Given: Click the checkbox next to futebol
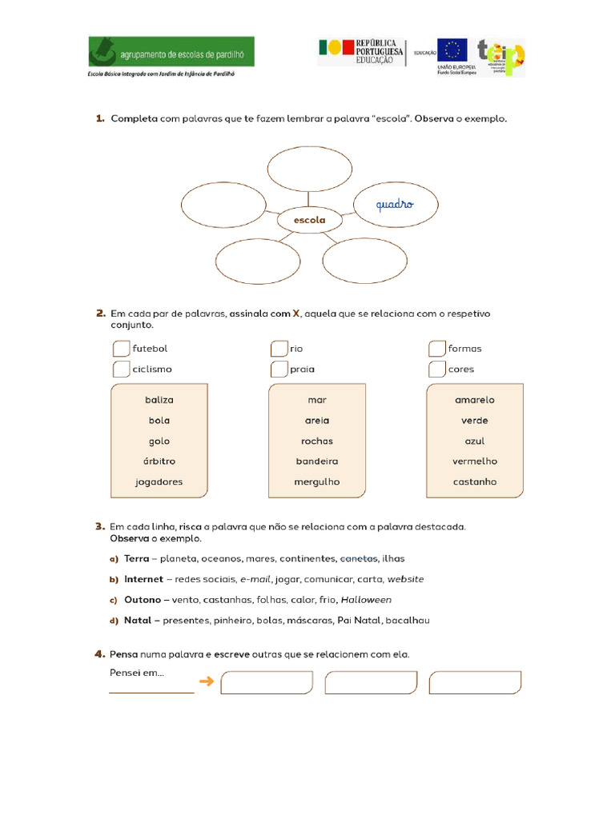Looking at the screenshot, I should click(x=121, y=349).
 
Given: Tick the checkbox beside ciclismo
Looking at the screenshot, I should click(x=121, y=370).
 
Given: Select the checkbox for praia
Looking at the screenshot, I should click(x=279, y=370).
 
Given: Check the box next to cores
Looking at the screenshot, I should click(x=436, y=370).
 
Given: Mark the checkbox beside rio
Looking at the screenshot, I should click(x=279, y=349).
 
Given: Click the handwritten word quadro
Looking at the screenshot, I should click(x=395, y=204).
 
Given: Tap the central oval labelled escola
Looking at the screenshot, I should click(x=309, y=219).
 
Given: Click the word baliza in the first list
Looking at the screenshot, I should click(x=159, y=400).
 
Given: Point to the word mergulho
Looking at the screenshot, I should click(x=317, y=482).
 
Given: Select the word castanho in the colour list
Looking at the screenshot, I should click(x=475, y=482).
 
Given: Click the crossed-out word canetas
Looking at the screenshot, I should click(x=359, y=558).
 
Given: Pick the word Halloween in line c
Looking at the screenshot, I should click(x=366, y=600).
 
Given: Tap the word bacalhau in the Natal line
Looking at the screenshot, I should click(x=408, y=620).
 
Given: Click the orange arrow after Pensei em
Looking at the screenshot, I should click(x=207, y=681).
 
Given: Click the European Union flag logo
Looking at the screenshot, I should click(x=452, y=50).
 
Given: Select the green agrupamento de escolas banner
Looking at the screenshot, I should click(x=171, y=51).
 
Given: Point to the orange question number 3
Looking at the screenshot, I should click(x=99, y=526).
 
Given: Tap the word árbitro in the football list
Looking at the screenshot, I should click(x=159, y=461).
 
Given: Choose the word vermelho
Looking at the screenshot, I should click(x=475, y=461).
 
